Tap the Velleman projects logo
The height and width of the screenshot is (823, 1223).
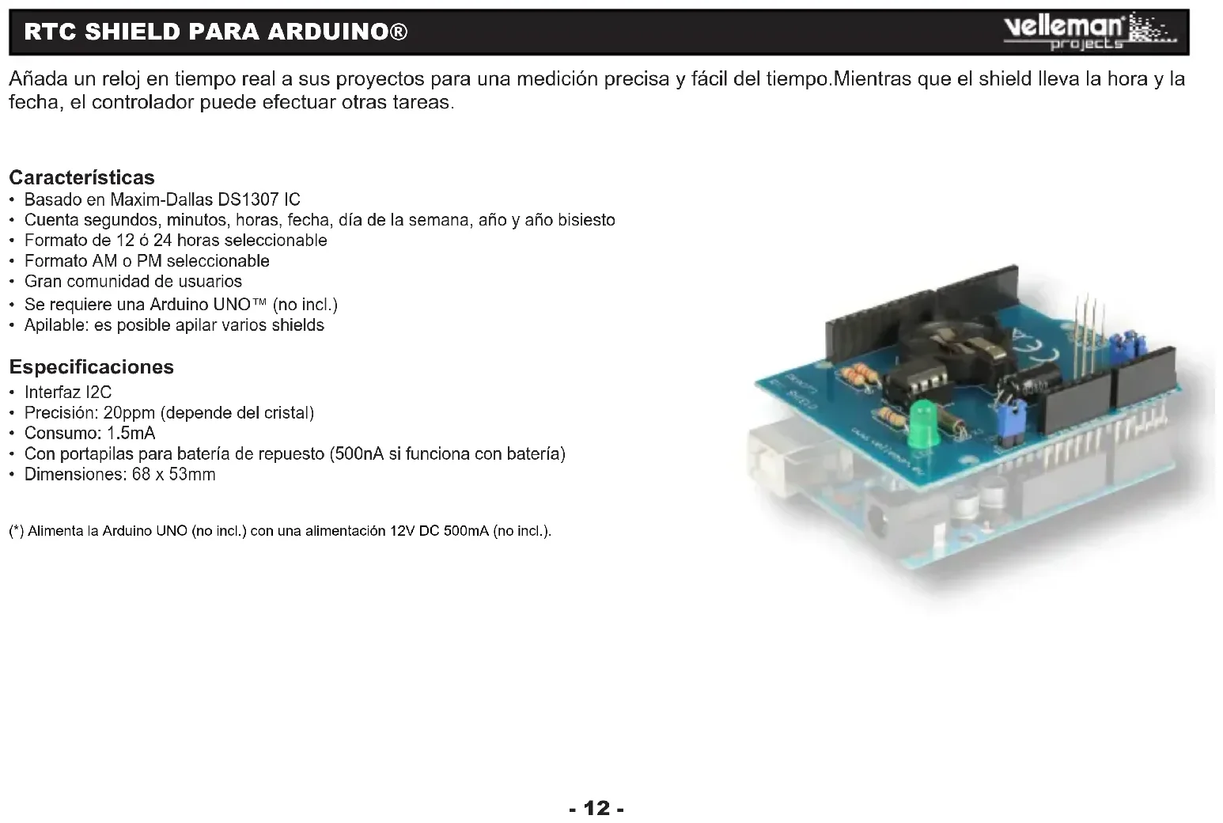click(1090, 31)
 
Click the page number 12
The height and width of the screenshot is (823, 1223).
click(596, 808)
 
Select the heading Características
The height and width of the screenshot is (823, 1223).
click(81, 177)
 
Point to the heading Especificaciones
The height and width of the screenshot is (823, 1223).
click(91, 367)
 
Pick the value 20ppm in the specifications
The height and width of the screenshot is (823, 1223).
click(129, 413)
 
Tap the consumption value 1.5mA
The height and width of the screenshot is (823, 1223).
click(131, 434)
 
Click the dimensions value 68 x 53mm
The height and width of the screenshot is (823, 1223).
click(174, 475)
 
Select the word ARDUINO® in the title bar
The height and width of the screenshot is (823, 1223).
click(338, 32)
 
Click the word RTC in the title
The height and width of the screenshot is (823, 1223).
click(52, 32)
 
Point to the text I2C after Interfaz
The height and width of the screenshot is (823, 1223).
click(98, 393)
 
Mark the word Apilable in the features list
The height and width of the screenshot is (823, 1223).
click(56, 325)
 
